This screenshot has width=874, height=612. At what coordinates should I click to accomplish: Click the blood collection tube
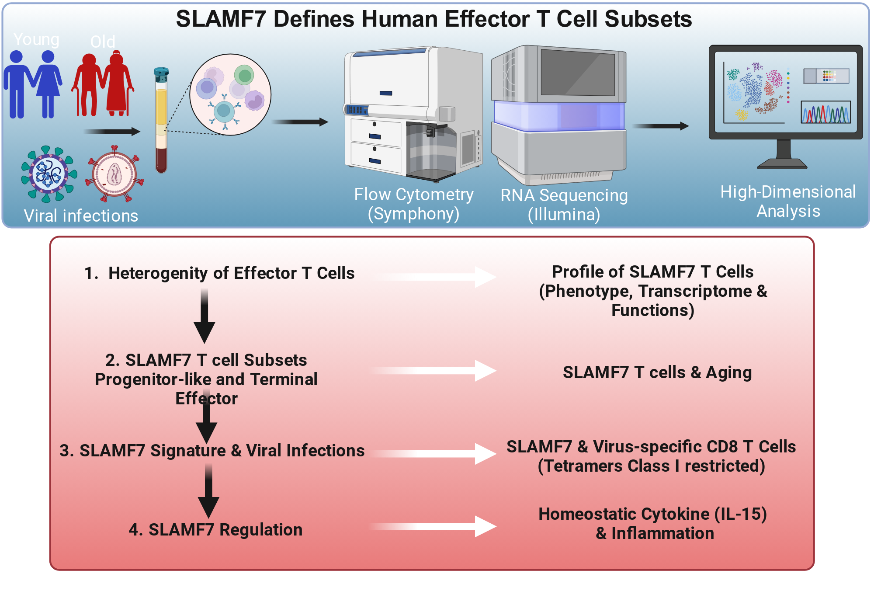tap(161, 120)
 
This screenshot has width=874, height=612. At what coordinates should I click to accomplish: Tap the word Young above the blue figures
tap(36, 39)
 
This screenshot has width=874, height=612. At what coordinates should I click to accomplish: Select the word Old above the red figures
tap(103, 42)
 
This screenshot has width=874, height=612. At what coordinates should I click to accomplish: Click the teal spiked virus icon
tap(49, 174)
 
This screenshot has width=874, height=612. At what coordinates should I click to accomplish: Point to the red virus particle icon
tap(114, 174)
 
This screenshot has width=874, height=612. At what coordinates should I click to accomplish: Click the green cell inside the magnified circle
tap(244, 75)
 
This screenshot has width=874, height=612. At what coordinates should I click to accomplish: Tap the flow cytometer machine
tap(413, 114)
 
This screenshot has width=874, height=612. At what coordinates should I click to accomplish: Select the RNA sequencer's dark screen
tap(578, 73)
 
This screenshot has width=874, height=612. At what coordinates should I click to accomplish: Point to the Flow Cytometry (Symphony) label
tap(414, 204)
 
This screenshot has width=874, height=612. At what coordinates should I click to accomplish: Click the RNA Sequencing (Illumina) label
tap(564, 205)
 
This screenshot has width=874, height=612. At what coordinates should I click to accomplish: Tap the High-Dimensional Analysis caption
tap(788, 202)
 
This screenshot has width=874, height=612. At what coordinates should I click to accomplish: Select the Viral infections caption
tap(81, 216)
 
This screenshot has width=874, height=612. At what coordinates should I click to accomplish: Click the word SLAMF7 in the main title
tap(221, 19)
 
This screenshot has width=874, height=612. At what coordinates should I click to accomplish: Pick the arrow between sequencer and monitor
tap(660, 126)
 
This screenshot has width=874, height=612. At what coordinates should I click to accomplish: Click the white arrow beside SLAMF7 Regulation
tap(433, 526)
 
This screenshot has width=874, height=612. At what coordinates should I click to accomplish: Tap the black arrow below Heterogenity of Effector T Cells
tap(204, 316)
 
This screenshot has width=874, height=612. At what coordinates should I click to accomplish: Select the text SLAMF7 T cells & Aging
tap(657, 372)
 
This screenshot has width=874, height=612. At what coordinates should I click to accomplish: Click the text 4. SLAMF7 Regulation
tap(215, 530)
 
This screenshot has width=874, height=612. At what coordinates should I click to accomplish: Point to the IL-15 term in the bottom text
tap(741, 514)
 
